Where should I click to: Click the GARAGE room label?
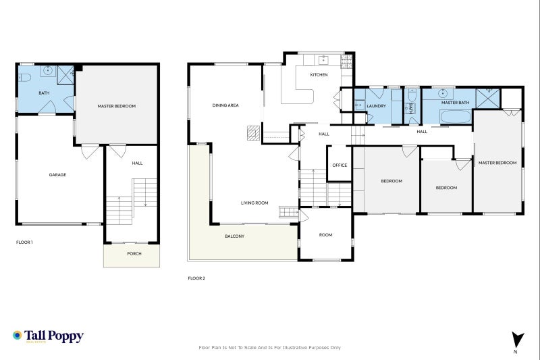coord(57,175)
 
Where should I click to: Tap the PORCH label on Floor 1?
coord(134,254)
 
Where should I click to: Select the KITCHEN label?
coord(319,75)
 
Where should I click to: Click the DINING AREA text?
coord(225,105)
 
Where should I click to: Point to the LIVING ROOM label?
coord(255,203)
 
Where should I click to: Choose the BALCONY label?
coord(234,236)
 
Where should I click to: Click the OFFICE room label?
coord(340,165)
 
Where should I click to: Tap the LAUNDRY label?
coord(376,105)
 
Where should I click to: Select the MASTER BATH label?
coord(446,103)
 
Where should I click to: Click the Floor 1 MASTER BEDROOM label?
coord(117,106)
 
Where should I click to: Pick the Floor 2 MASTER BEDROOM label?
coord(497,163)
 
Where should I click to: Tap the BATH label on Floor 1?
coord(44,93)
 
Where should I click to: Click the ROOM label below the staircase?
coord(326,235)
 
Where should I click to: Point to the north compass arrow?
coord(516,340)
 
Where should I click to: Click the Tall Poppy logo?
coord(48,336)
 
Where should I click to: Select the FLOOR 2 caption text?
coord(196,278)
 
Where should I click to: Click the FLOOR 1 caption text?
coord(24,242)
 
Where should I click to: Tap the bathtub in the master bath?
coord(448,117)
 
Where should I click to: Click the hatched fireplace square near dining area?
coord(252,133)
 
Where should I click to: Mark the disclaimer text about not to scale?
coord(269,347)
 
